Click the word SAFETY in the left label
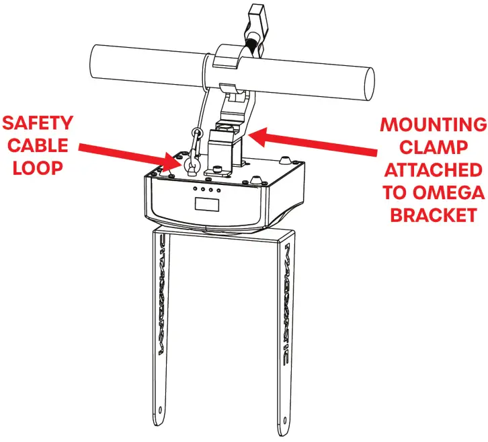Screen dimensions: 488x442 37,123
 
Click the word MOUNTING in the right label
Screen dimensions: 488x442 433,125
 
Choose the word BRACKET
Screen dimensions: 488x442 433,215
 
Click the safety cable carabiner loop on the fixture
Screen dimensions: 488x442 191,161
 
